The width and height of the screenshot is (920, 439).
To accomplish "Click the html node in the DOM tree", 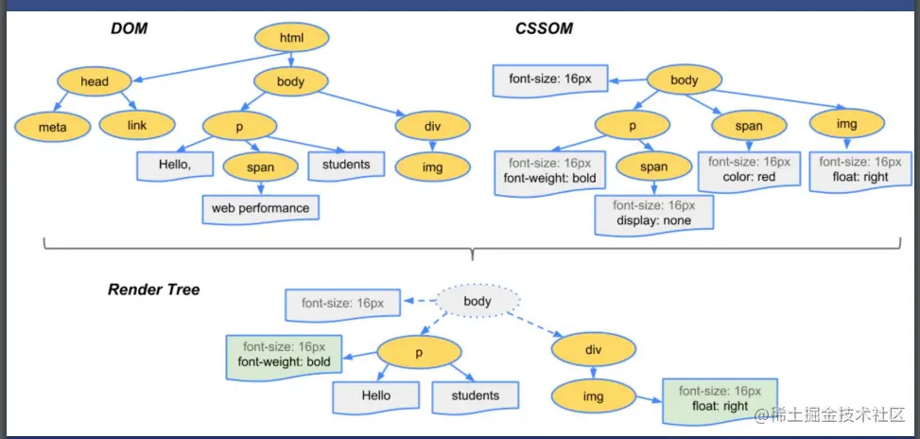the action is (x=291, y=38).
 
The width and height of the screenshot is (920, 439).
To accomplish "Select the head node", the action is (x=95, y=81).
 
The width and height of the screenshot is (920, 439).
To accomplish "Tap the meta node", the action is (x=53, y=127).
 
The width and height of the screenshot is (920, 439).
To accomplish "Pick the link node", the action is (x=137, y=125).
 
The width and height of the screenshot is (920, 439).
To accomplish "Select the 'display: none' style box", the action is (x=653, y=215).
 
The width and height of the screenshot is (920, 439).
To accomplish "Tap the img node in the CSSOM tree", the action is (x=846, y=124).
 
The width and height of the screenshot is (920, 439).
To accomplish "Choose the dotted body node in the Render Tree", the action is (x=477, y=302).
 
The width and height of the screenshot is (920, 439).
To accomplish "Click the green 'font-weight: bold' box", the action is (x=284, y=357).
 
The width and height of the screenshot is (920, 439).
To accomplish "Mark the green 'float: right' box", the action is (x=720, y=401).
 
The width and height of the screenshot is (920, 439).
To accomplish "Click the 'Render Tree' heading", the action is (x=153, y=290).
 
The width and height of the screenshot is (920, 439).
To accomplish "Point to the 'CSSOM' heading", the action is (x=544, y=28).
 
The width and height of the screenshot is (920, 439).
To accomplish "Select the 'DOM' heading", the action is (x=129, y=28).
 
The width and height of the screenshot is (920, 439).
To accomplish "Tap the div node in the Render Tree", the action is (x=593, y=350).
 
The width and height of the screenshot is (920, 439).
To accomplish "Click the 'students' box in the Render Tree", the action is (x=476, y=396).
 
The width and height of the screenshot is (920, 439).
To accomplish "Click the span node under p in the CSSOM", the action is (x=653, y=167).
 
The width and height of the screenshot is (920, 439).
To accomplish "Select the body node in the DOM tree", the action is (x=290, y=81).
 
